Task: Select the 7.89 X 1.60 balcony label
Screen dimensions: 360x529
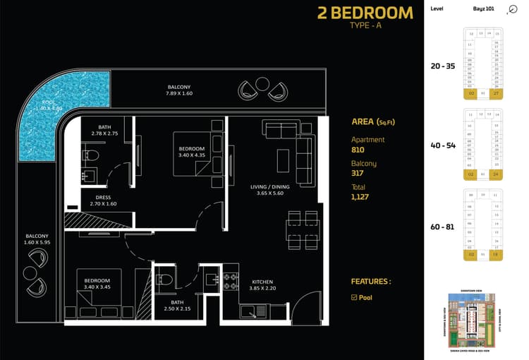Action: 178,90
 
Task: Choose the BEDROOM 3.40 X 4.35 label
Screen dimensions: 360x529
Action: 192,152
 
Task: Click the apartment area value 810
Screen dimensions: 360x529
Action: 358,150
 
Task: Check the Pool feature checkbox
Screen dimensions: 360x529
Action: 354,298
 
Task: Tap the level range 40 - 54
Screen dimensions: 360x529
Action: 442,145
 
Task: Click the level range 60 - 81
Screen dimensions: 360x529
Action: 442,227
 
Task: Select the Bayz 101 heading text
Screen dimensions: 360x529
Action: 483,9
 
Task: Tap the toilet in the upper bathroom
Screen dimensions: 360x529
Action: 90,155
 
